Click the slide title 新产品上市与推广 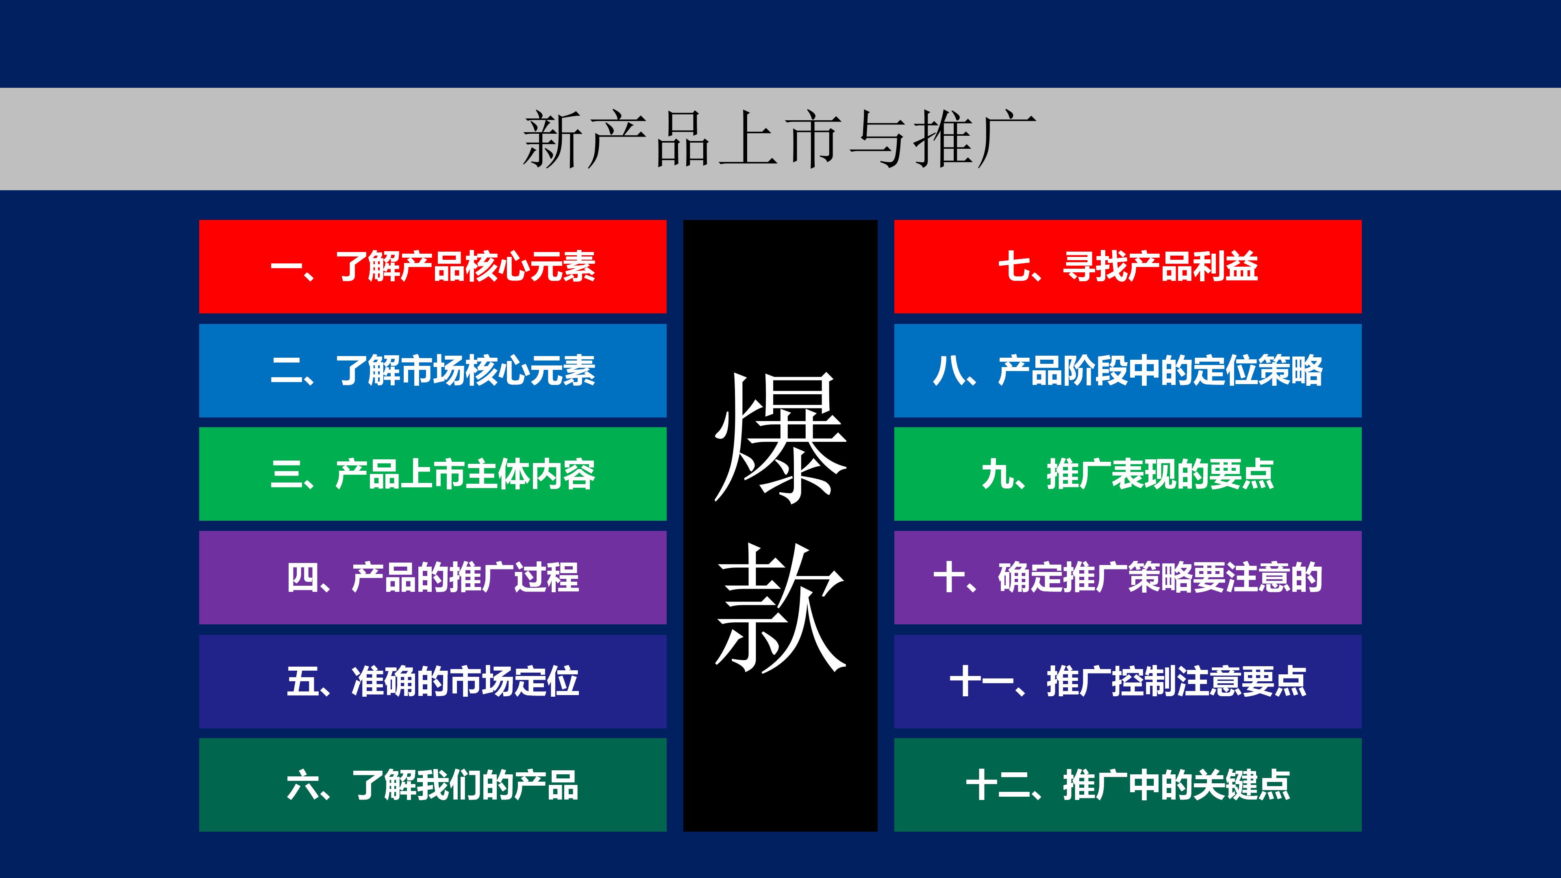[779, 139]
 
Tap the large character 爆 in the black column [780, 437]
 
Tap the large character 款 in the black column [780, 608]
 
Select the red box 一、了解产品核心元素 [433, 267]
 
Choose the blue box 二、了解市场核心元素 [433, 371]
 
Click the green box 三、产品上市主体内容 [433, 474]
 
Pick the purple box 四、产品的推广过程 [433, 578]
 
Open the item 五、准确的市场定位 [433, 682]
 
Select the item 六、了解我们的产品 [433, 785]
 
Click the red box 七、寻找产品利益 [1128, 267]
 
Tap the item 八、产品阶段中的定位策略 [1128, 371]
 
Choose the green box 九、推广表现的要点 [1128, 474]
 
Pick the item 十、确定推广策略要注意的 [1128, 578]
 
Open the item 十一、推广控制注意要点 [1128, 682]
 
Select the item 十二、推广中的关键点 [1128, 785]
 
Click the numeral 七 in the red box [1014, 267]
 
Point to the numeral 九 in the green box [998, 474]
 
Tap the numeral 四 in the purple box [302, 578]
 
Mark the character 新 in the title [551, 139]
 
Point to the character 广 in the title [1006, 139]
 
